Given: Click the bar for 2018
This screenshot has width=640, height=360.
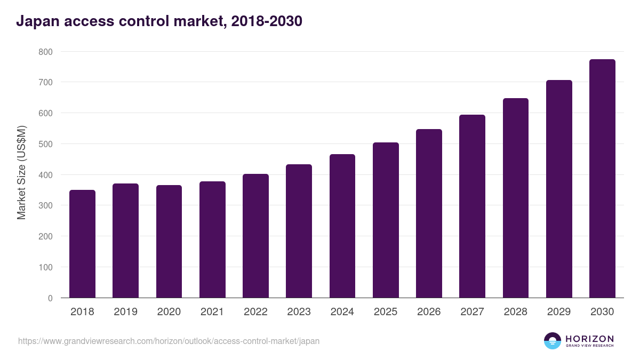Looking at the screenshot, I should point(82,244).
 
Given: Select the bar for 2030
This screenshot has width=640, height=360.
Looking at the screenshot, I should point(602,179).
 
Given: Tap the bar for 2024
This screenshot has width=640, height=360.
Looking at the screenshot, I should point(342,226).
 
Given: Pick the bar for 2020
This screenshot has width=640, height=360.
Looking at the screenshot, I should point(169,242).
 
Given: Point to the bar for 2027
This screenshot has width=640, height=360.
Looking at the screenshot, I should point(472,206).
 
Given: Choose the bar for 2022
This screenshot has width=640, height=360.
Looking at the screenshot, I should point(255,236).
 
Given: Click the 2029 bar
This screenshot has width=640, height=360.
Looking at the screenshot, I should point(559,189).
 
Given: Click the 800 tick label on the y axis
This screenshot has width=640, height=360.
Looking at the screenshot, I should point(46,52).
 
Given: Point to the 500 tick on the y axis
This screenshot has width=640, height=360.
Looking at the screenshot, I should point(46,144).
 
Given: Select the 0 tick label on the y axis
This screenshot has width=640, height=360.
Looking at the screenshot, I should point(50,298).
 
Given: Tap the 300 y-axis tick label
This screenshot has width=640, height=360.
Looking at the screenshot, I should point(46,206).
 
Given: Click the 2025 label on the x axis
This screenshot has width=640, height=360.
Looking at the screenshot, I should point(386,312).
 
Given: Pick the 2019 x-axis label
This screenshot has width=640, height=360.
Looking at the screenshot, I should point(125,312).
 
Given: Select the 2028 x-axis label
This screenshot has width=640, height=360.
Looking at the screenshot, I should point(516,312).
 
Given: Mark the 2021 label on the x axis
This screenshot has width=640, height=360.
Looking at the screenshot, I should point(212,312).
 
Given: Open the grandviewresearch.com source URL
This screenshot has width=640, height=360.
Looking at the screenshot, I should point(169,341).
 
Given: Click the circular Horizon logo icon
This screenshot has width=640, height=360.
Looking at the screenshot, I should point(553,341).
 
